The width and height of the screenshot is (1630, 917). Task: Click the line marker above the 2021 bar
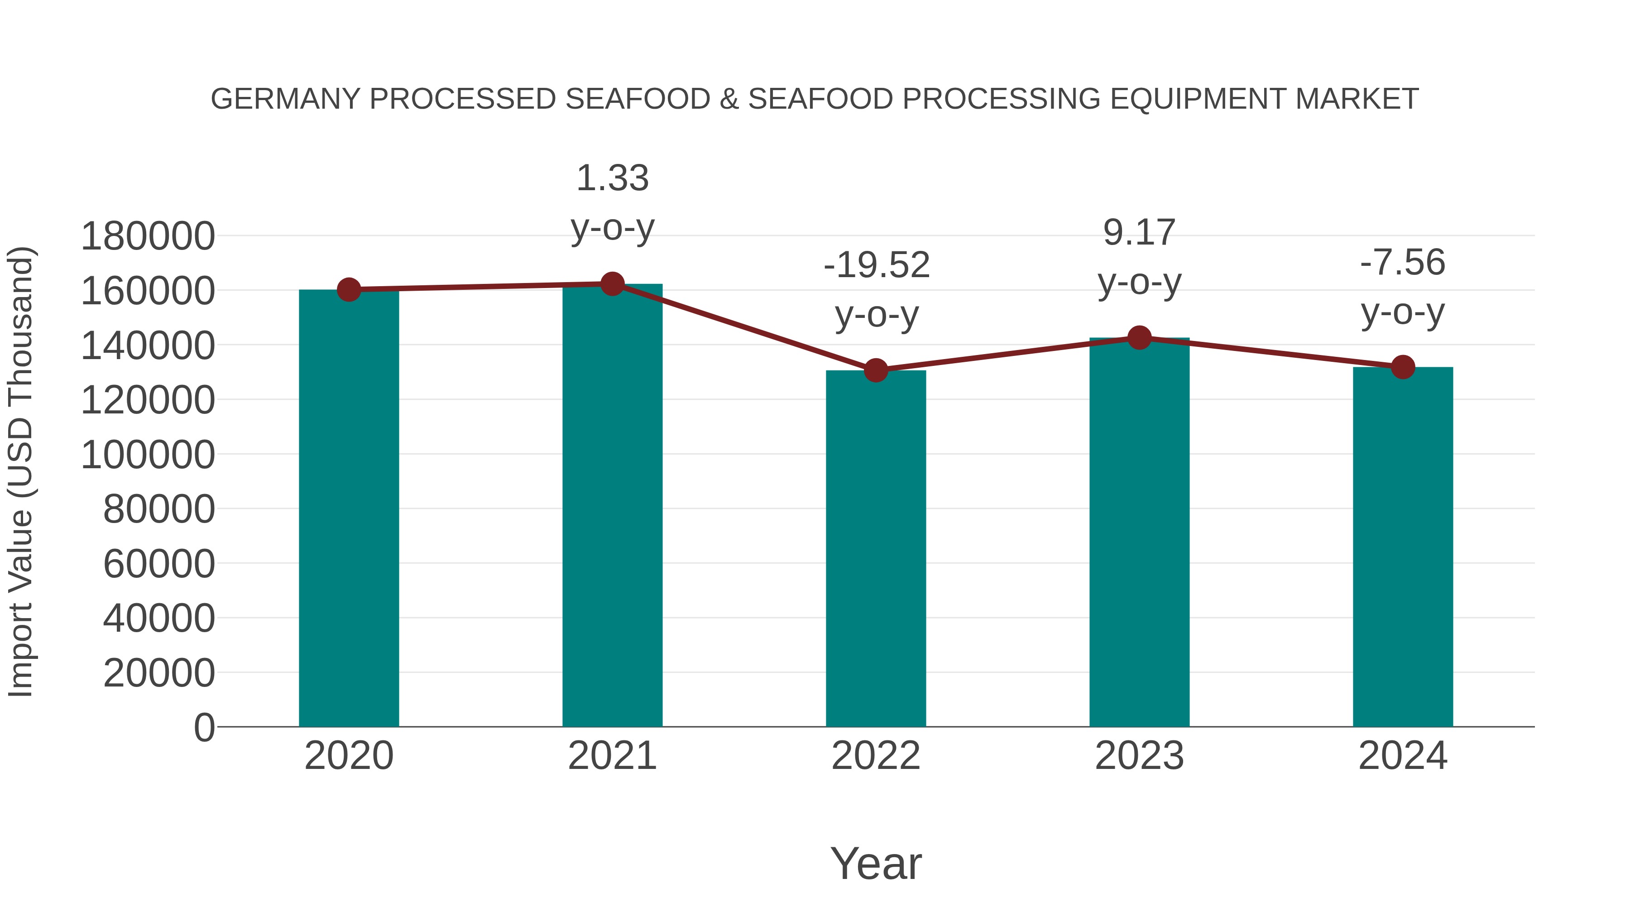point(612,284)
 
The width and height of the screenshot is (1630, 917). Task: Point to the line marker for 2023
point(1139,338)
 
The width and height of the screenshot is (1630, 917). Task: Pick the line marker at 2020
point(349,290)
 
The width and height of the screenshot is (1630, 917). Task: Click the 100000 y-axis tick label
point(148,454)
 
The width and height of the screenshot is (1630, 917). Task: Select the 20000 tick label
point(159,673)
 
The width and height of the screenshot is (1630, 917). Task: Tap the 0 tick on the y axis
point(204,727)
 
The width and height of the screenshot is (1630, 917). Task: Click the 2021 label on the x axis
point(612,756)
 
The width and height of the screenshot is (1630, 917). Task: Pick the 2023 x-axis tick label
point(1139,756)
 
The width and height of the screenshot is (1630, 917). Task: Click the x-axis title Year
point(876,863)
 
